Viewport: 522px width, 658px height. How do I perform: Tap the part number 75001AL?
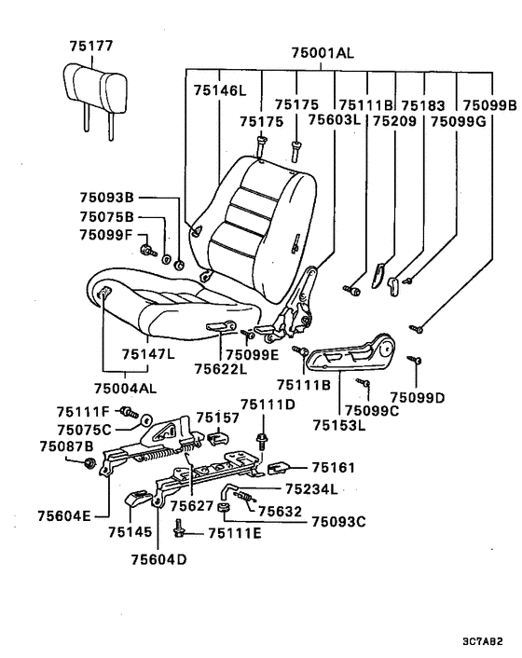[x=323, y=53]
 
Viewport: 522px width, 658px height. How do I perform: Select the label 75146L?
[x=220, y=90]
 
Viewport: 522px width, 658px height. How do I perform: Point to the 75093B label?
[x=106, y=198]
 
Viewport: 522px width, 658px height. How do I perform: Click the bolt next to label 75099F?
[x=147, y=251]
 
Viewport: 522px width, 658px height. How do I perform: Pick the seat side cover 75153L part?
[x=351, y=352]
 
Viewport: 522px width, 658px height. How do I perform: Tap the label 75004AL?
[x=125, y=388]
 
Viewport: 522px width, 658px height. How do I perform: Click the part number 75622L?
[x=221, y=369]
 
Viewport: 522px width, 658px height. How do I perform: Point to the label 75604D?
[x=158, y=559]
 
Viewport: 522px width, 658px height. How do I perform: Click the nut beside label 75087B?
[x=89, y=463]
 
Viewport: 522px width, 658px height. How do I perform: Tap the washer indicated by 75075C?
[x=145, y=420]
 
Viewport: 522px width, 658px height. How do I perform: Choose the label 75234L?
[x=311, y=489]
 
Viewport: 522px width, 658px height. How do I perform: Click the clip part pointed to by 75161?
[x=277, y=468]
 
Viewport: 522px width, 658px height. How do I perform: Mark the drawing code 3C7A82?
[x=483, y=641]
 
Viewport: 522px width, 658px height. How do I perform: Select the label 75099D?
[x=417, y=397]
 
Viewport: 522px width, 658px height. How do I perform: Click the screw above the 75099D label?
[x=415, y=360]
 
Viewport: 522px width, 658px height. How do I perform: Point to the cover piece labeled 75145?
[x=138, y=499]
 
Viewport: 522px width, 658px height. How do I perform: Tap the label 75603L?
[x=335, y=119]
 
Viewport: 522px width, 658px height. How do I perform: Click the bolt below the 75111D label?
[x=262, y=441]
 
